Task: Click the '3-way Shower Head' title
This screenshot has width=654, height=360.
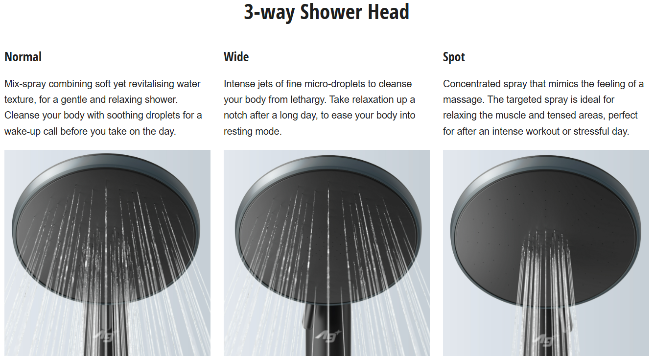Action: (x=327, y=12)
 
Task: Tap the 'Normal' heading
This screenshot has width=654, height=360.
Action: (x=23, y=57)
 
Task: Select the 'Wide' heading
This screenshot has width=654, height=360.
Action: (x=236, y=57)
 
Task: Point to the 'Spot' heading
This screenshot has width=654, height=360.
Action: (x=454, y=57)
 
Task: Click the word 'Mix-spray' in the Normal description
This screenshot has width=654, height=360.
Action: (x=25, y=84)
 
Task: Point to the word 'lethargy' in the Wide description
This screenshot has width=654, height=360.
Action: (x=308, y=100)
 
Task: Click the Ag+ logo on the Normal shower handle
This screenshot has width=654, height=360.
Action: (x=106, y=336)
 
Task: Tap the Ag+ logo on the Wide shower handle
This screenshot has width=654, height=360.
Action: (x=328, y=336)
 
